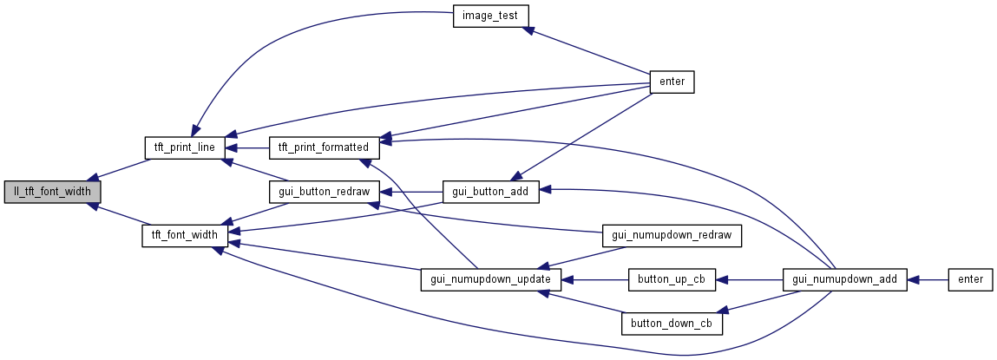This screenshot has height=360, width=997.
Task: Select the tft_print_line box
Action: tap(185, 147)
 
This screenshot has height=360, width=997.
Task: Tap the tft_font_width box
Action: tap(185, 235)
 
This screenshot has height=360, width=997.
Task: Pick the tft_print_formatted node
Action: tap(323, 147)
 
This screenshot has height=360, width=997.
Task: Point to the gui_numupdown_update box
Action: tap(491, 279)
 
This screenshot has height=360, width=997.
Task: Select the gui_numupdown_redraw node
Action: tap(672, 235)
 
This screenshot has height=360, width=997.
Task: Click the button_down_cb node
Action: tap(672, 323)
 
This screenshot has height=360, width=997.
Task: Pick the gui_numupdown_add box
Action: tap(845, 279)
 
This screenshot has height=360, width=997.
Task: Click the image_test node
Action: tap(491, 15)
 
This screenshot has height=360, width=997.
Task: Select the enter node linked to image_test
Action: tap(672, 82)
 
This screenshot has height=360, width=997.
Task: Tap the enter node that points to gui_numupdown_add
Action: tap(970, 279)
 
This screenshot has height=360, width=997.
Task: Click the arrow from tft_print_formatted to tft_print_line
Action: tap(248, 147)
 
